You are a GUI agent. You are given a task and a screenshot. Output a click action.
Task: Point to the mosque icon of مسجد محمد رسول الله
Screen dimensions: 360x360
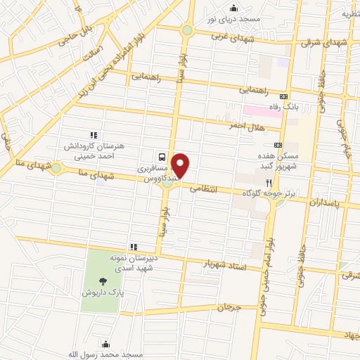(105, 344)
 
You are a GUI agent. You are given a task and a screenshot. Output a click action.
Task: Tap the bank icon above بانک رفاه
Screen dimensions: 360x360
(283, 96)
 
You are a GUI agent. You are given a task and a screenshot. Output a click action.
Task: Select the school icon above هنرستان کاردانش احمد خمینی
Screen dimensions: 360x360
(92, 134)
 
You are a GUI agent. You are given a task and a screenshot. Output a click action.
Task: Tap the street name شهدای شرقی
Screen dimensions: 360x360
(325, 42)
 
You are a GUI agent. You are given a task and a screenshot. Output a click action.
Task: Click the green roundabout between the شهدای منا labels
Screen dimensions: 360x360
(56, 168)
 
